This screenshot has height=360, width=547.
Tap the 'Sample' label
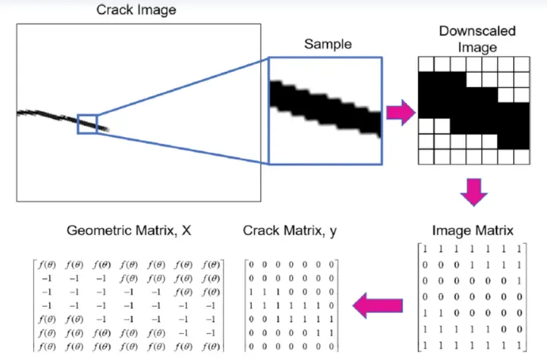point(327,45)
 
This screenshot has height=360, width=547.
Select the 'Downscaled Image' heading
point(477,39)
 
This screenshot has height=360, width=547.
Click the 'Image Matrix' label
point(472,231)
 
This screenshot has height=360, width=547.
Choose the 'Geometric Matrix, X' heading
point(129,231)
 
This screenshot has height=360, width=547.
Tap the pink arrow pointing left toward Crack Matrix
point(377,305)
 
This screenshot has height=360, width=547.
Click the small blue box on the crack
point(87,124)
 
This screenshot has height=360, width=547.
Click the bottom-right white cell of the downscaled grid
point(522,156)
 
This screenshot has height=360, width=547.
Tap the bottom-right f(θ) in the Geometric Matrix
point(211,347)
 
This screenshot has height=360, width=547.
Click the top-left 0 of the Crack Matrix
point(252,265)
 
